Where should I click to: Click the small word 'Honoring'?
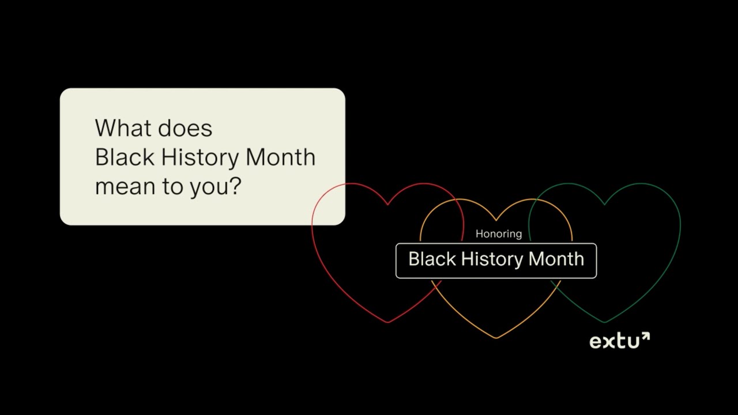pyautogui.click(x=499, y=233)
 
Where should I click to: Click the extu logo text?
pyautogui.click(x=614, y=342)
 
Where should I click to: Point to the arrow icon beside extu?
pyautogui.click(x=645, y=337)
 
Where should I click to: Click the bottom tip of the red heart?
pyautogui.click(x=387, y=322)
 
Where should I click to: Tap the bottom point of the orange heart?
pyautogui.click(x=496, y=338)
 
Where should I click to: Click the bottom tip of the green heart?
pyautogui.click(x=604, y=322)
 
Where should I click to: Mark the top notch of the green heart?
pyautogui.click(x=604, y=204)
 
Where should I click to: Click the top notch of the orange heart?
pyautogui.click(x=496, y=220)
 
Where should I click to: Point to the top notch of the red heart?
pyautogui.click(x=387, y=204)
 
